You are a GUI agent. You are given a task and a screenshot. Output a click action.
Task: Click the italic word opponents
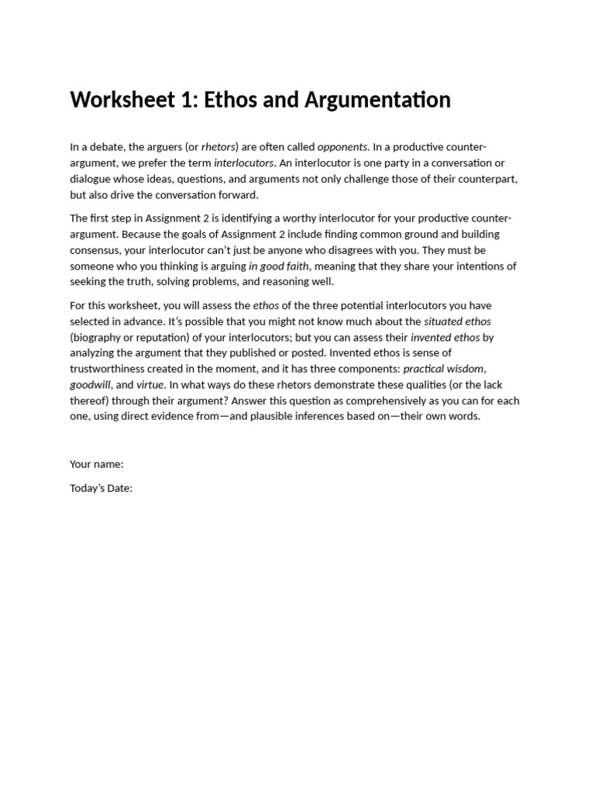pyautogui.click(x=342, y=147)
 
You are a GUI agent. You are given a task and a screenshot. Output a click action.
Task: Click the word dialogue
pyautogui.click(x=91, y=179)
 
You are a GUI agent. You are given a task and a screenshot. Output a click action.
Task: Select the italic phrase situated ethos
pyautogui.click(x=457, y=321)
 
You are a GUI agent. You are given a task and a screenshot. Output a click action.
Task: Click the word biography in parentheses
pyautogui.click(x=98, y=338)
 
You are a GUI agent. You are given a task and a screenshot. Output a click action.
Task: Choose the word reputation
pyautogui.click(x=161, y=338)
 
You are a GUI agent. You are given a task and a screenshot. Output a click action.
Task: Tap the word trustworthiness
pyautogui.click(x=111, y=369)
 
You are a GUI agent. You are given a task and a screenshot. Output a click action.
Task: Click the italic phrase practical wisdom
pyautogui.click(x=443, y=369)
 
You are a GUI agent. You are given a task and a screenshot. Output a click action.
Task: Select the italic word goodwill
pyautogui.click(x=91, y=385)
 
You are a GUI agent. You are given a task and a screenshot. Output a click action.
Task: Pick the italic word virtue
pyautogui.click(x=150, y=385)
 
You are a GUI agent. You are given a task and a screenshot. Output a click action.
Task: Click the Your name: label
pyautogui.click(x=97, y=465)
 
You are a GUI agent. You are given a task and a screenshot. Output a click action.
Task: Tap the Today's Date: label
pyautogui.click(x=101, y=489)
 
